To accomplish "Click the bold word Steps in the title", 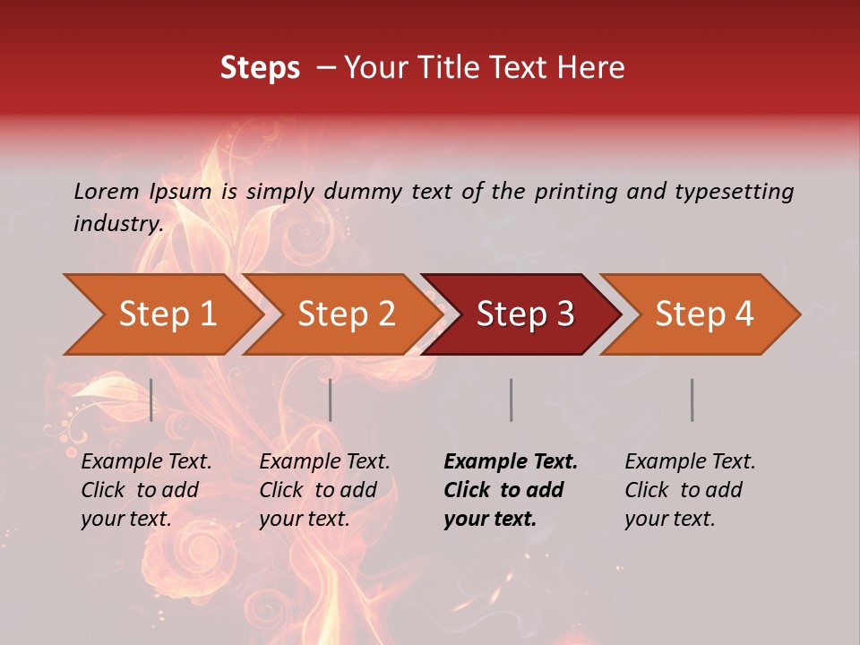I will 260,68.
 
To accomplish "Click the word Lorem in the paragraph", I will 107,191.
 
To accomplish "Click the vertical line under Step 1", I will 151,400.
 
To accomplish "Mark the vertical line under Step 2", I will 331,400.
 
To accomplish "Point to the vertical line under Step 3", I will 511,400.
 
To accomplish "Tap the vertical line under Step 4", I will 692,400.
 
